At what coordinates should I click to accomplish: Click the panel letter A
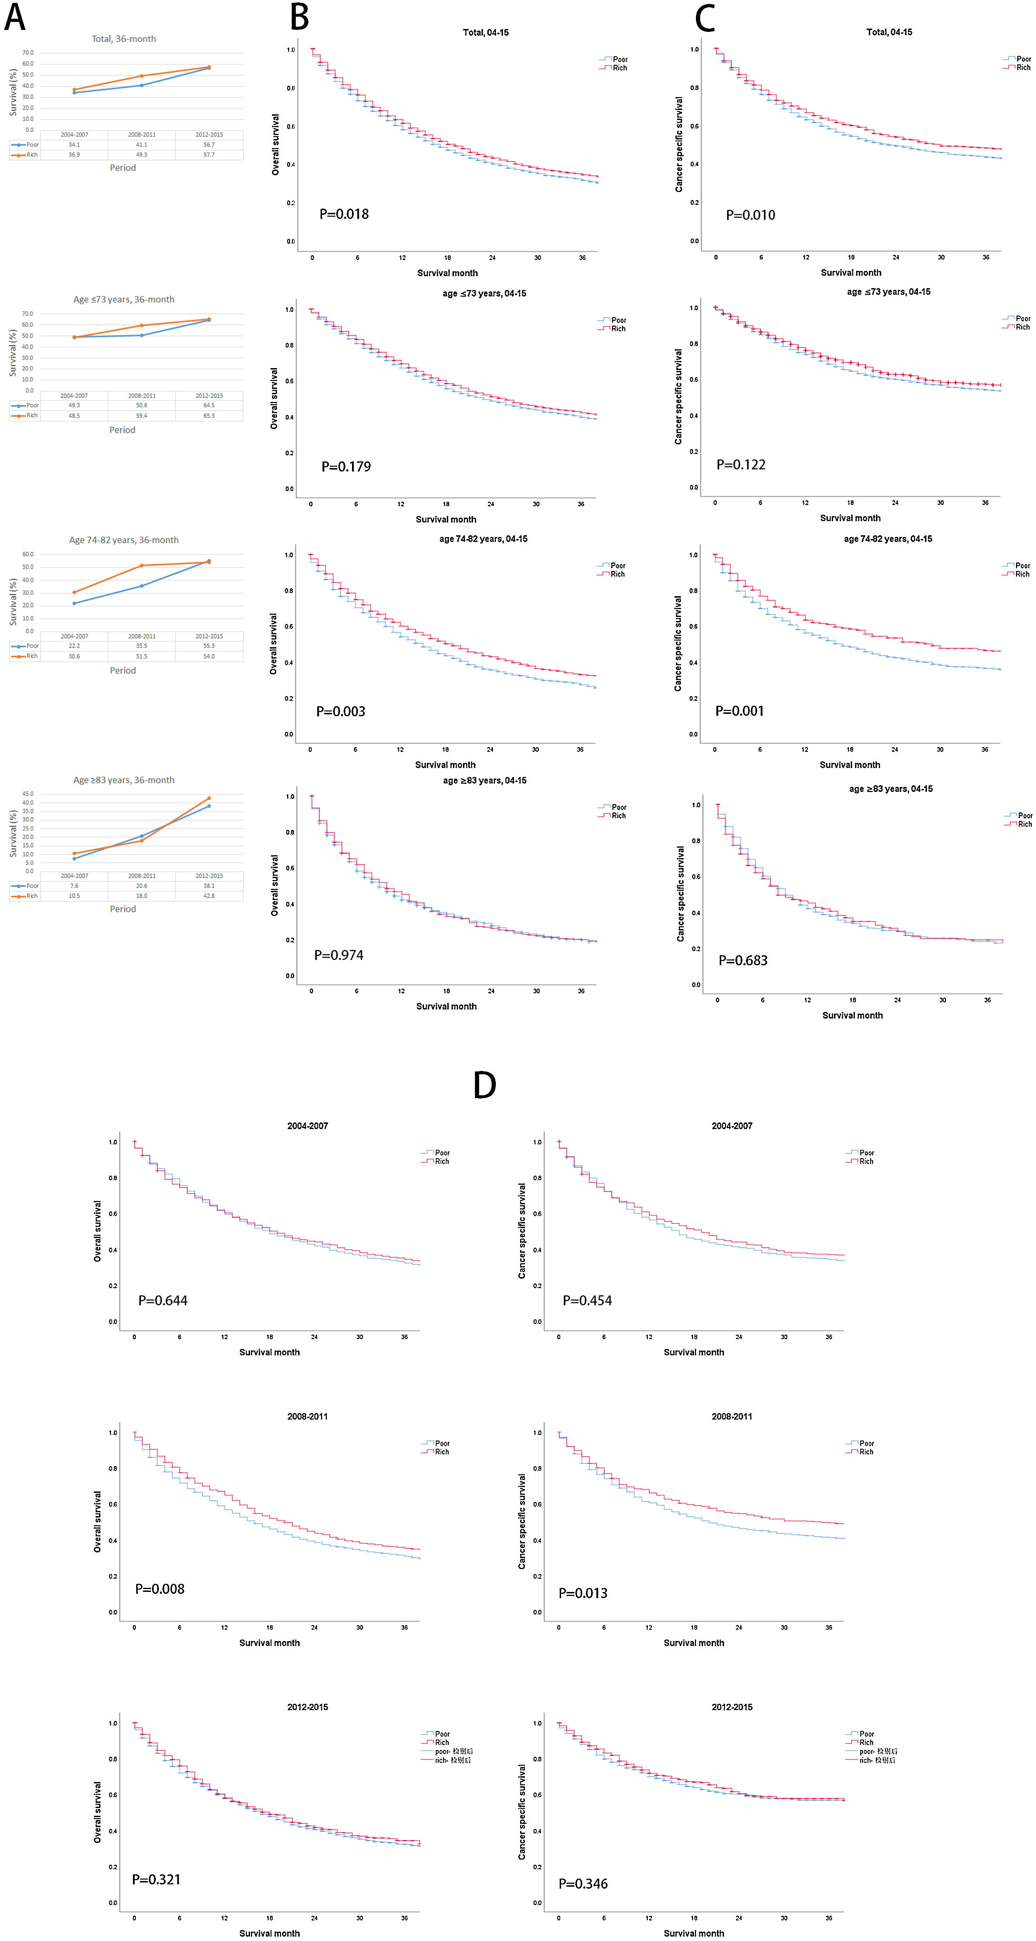pos(15,17)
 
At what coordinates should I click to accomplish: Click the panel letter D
pos(484,1085)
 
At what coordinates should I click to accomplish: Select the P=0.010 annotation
pos(750,215)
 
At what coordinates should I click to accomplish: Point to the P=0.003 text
pos(341,711)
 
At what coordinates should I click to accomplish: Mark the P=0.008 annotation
pos(160,1588)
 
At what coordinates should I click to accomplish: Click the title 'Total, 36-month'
pos(123,39)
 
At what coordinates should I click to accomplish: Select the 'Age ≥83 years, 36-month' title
pos(123,780)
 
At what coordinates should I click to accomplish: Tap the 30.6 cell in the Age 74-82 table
pos(74,656)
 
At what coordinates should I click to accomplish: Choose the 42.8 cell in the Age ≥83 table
pos(209,896)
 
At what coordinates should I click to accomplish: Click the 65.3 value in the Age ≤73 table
pos(209,415)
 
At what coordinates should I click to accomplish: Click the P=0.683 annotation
pos(743,960)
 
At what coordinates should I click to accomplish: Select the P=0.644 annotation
pos(163,1300)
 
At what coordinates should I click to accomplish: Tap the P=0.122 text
pos(741,465)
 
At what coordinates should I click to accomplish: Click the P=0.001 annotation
pos(739,710)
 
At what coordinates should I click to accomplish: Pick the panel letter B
pos(299,17)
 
